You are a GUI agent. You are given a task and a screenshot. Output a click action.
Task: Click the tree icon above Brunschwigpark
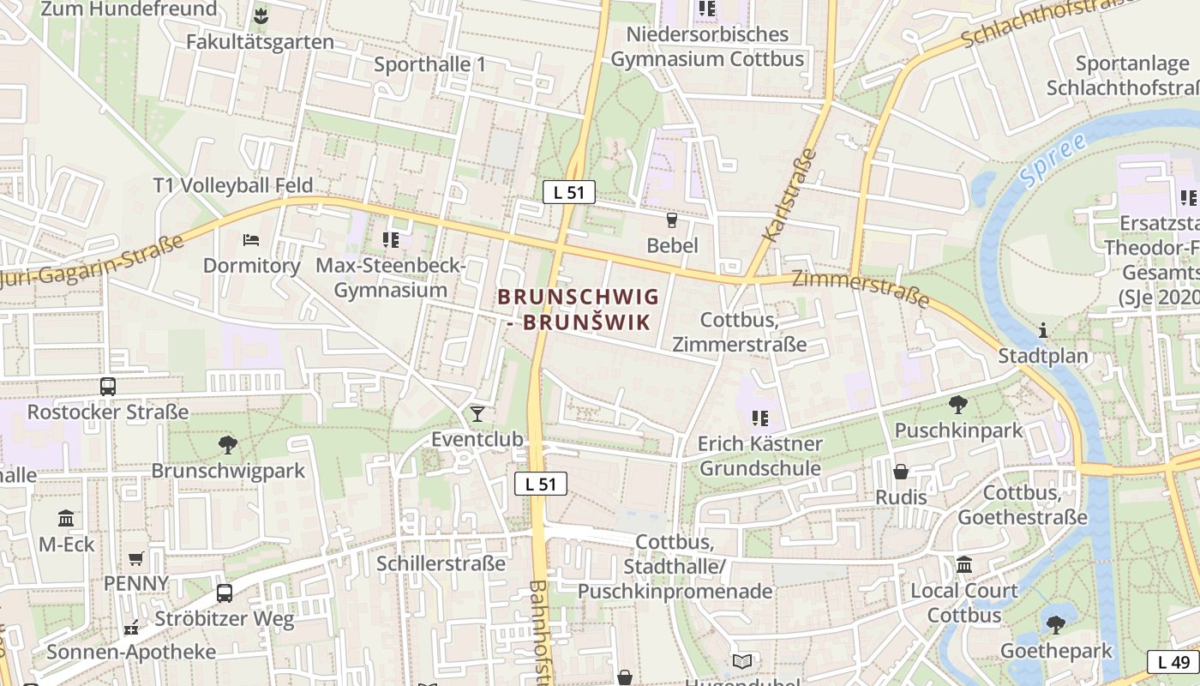point(227,444)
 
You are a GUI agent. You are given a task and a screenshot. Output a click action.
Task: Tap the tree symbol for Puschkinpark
point(958,404)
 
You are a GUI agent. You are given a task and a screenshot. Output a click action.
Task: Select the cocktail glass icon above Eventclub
point(477,415)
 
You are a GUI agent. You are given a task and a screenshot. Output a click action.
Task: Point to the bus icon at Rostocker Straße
point(107,387)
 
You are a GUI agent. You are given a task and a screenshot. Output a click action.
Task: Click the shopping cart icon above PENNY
point(135,559)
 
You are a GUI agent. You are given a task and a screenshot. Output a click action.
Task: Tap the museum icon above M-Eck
point(66,518)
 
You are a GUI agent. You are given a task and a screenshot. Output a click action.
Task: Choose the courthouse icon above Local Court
point(964,565)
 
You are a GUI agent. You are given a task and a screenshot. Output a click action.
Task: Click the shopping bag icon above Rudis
point(901,472)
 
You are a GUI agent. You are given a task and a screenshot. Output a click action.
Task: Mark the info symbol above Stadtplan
point(1042,329)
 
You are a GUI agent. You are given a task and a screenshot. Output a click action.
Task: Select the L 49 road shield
point(1173,662)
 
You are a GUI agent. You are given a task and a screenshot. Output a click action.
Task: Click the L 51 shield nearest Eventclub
point(541,484)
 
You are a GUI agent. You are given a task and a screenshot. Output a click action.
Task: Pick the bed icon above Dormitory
point(250,239)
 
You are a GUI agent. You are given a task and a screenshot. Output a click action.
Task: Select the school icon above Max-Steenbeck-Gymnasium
point(391,239)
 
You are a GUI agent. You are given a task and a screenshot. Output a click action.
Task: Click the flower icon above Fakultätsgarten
point(261,15)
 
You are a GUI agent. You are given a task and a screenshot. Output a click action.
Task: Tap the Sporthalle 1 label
point(430,64)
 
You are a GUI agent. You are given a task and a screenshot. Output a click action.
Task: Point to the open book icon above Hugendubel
point(742,661)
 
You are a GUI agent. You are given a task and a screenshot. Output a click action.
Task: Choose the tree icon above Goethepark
point(1056,624)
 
